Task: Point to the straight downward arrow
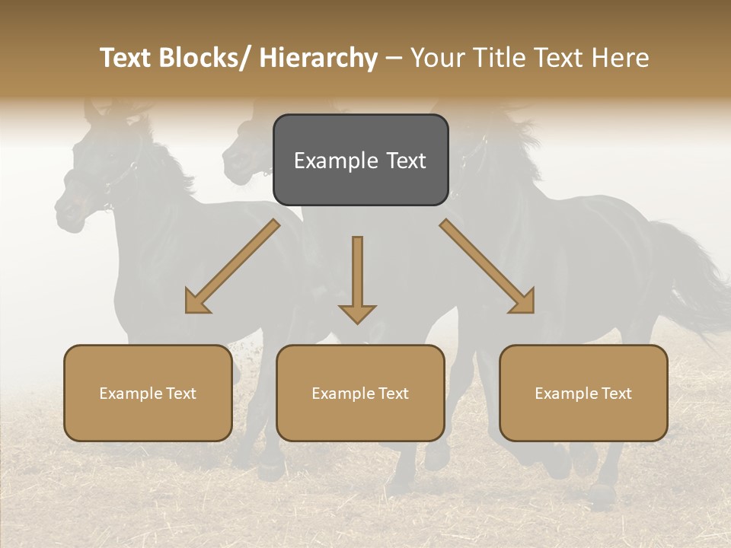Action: pyautogui.click(x=357, y=278)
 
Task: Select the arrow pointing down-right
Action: pyautogui.click(x=487, y=266)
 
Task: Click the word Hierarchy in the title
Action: pyautogui.click(x=318, y=58)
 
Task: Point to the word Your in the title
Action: pyautogui.click(x=436, y=58)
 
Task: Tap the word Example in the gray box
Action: pyautogui.click(x=336, y=161)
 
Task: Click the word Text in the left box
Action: pyautogui.click(x=180, y=393)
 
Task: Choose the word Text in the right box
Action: pyautogui.click(x=615, y=393)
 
